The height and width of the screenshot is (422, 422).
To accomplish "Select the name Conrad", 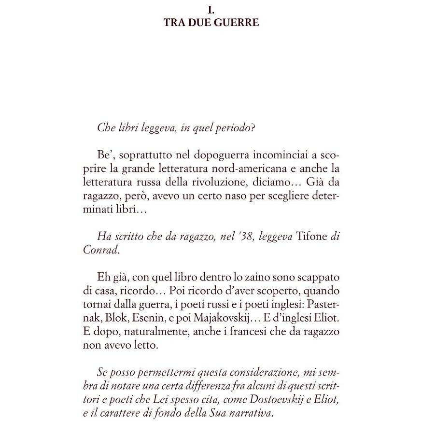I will (x=94, y=250).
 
